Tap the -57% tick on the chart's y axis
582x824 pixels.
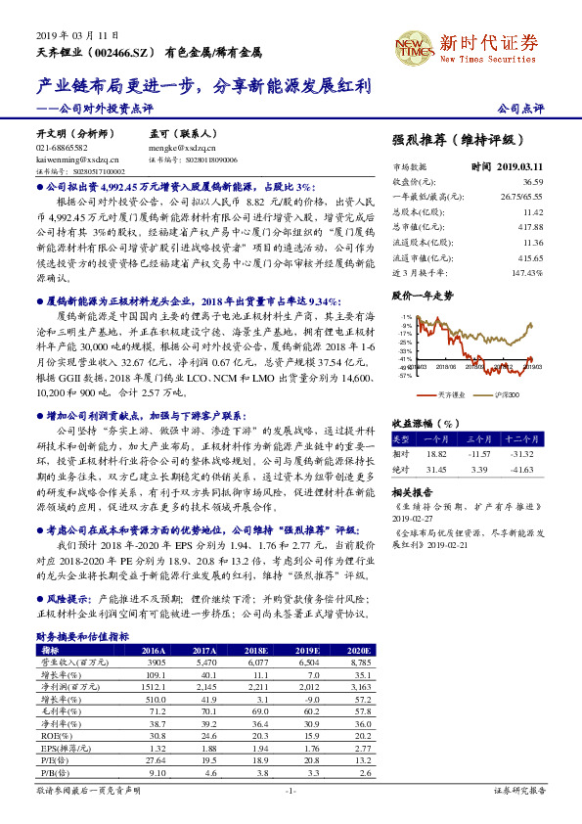click(404, 374)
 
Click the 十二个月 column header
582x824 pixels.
click(525, 439)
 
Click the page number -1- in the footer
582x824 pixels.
click(291, 790)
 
